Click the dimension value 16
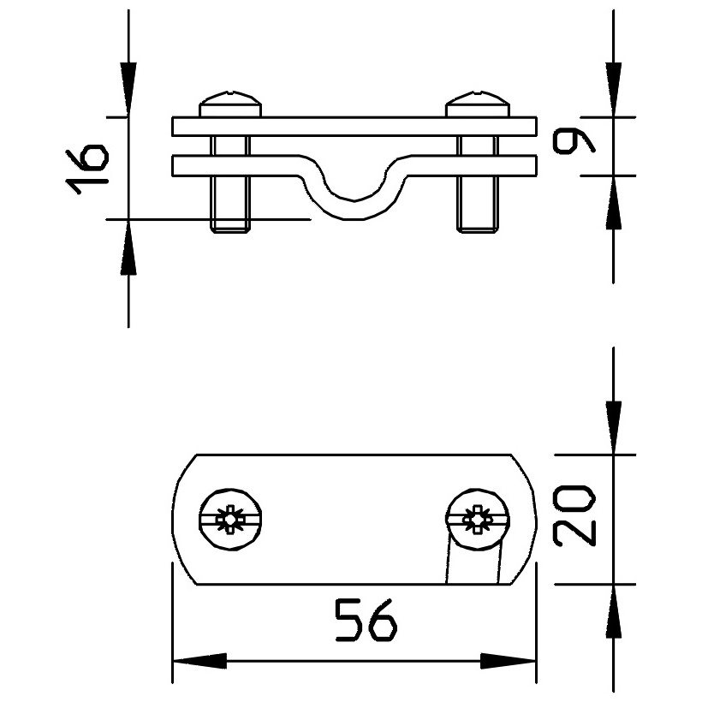[x=86, y=169]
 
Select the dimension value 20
[x=574, y=515]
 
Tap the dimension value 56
[x=366, y=621]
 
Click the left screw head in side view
[x=230, y=104]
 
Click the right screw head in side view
[x=478, y=104]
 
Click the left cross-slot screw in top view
[x=230, y=520]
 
